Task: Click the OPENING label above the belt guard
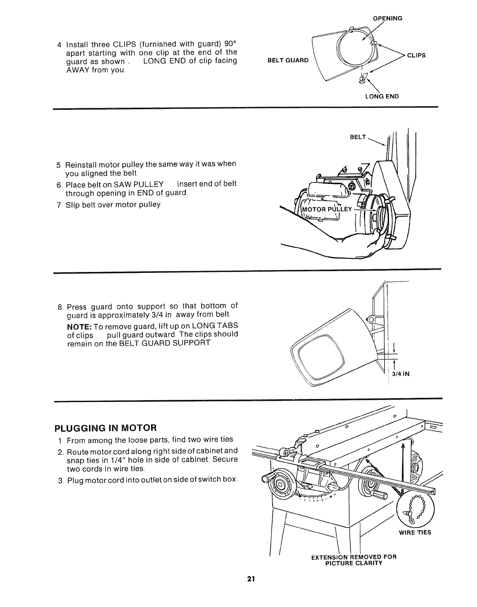(x=387, y=18)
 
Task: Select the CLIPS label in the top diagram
(x=416, y=55)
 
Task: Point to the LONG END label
(x=382, y=96)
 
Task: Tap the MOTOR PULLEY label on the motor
(x=327, y=209)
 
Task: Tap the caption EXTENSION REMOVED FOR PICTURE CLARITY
(x=354, y=559)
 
